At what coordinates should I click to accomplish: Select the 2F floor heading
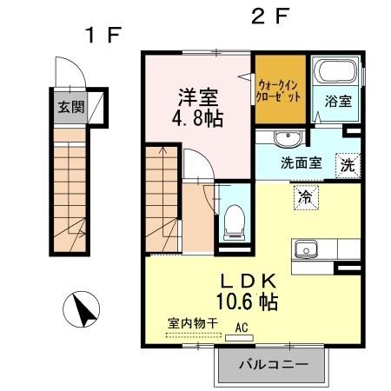point(269,16)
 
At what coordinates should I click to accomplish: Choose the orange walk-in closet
point(280,90)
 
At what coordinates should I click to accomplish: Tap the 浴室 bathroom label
point(338,101)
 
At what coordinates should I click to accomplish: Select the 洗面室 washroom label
point(300,162)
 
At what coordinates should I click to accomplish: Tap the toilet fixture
point(233,220)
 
